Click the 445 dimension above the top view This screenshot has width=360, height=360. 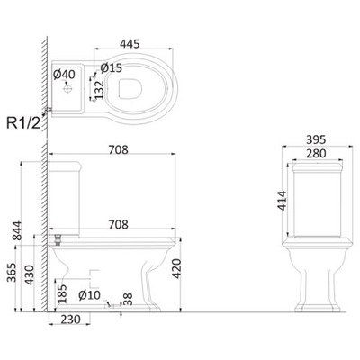pos(130,44)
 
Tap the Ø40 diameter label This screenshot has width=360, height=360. pos(64,75)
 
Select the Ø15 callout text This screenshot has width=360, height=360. pos(112,67)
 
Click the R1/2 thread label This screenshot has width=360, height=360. pos(23,123)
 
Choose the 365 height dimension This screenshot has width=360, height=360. pos(12,273)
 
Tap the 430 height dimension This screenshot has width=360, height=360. pos(30,274)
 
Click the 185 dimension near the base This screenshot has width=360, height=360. pos(62,294)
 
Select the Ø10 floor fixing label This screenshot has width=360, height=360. pos(89,295)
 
